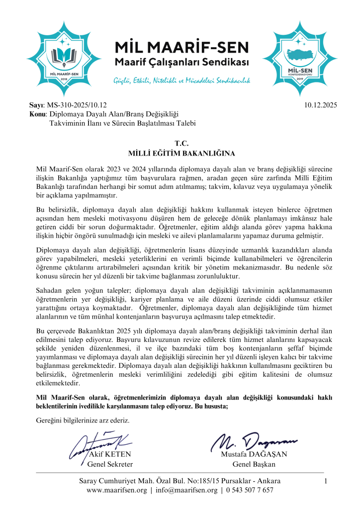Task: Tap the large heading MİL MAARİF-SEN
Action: pyautogui.click(x=181, y=48)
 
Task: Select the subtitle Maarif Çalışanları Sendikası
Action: pyautogui.click(x=181, y=64)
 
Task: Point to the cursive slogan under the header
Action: pyautogui.click(x=181, y=80)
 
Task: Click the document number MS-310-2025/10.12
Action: pyautogui.click(x=77, y=105)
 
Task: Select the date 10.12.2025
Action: pyautogui.click(x=320, y=105)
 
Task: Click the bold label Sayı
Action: pyautogui.click(x=37, y=105)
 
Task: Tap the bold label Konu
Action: pyautogui.click(x=38, y=114)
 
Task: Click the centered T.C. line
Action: pyautogui.click(x=180, y=143)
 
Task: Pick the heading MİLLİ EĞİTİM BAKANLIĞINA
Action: pyautogui.click(x=180, y=153)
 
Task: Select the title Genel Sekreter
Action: pyautogui.click(x=110, y=464)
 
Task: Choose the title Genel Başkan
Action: pyautogui.click(x=254, y=464)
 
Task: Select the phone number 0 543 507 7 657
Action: pyautogui.click(x=250, y=490)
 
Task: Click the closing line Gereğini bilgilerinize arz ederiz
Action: pyautogui.click(x=83, y=421)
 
